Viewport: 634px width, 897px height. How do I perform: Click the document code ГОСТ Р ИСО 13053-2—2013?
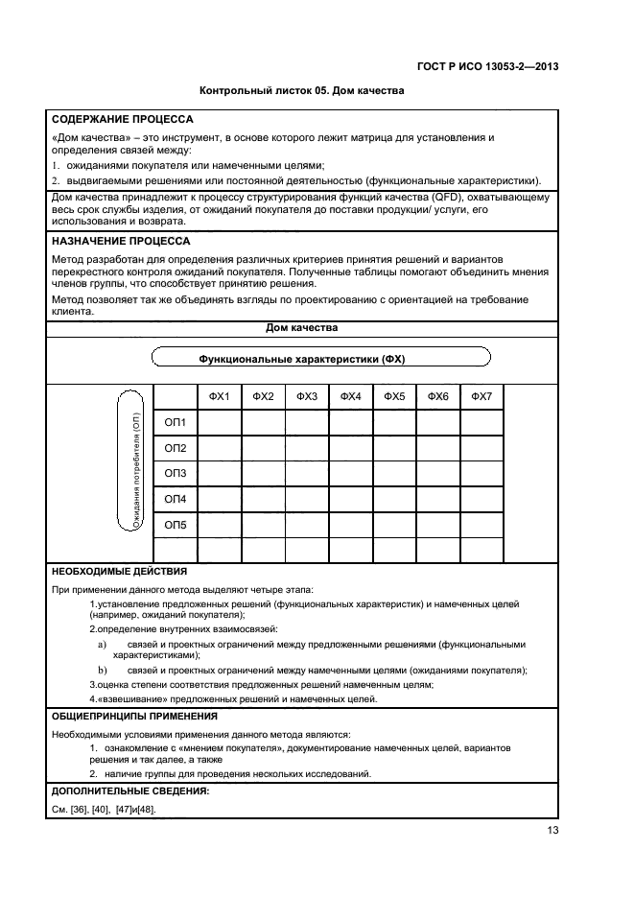488,66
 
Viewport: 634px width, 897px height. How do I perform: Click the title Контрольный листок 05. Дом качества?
301,92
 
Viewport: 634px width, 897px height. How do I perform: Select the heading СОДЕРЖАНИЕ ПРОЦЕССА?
122,120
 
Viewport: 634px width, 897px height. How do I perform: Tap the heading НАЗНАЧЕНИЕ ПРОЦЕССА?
121,241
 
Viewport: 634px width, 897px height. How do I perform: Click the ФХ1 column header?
219,397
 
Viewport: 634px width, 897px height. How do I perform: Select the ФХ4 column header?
351,397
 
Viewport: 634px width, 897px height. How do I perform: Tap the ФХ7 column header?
482,397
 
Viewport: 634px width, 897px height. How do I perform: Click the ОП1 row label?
176,423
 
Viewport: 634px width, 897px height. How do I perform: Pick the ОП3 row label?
176,474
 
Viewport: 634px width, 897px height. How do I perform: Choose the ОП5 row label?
176,525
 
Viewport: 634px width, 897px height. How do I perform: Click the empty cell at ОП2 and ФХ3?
307,448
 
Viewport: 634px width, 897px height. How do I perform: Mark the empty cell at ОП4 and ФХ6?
438,499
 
